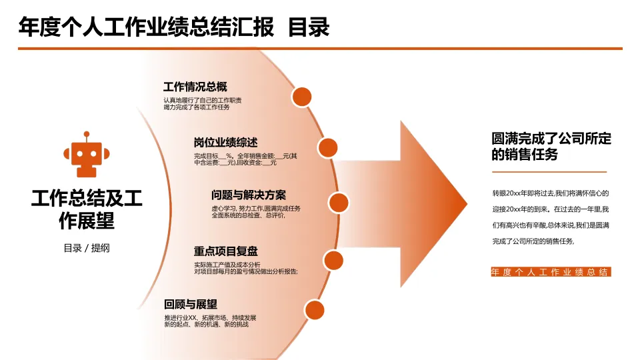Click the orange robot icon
click(x=86, y=154)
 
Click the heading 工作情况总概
click(x=195, y=87)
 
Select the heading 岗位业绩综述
click(x=225, y=143)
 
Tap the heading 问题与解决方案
click(x=248, y=195)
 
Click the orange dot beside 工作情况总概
click(x=302, y=97)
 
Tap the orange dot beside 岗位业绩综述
click(x=327, y=147)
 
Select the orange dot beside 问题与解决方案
click(x=339, y=202)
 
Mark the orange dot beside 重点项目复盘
click(x=333, y=259)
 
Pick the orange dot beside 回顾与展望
click(x=314, y=309)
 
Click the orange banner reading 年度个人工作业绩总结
click(x=550, y=272)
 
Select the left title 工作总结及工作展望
click(x=87, y=209)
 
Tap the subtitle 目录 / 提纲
click(x=87, y=248)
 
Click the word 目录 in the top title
click(x=309, y=27)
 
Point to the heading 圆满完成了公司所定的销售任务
click(x=551, y=146)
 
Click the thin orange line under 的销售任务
click(x=549, y=172)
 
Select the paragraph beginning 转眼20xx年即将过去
click(x=550, y=217)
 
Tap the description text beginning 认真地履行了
click(x=203, y=104)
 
